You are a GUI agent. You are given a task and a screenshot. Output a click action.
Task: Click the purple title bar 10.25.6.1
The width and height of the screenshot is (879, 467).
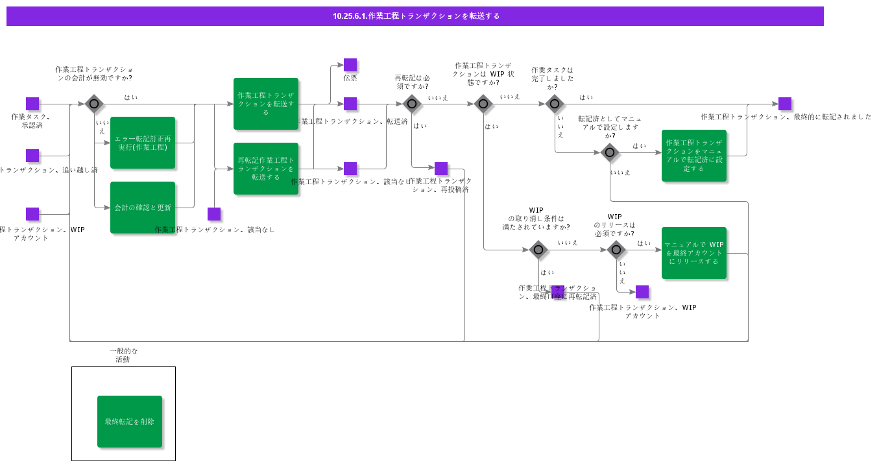(415, 16)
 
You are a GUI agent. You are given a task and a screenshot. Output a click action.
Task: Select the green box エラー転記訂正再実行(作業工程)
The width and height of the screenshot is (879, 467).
(143, 143)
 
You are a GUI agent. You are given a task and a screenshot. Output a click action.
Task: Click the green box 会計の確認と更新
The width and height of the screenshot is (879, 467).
(143, 208)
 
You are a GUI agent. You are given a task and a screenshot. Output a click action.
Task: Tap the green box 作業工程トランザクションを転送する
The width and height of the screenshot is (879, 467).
(266, 104)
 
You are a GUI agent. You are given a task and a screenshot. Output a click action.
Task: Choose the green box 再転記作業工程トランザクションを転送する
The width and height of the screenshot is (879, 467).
(266, 169)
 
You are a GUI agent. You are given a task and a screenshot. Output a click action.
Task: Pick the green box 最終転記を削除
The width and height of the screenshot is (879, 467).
(130, 422)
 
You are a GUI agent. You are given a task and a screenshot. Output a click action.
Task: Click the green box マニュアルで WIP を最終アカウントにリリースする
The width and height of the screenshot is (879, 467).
(694, 253)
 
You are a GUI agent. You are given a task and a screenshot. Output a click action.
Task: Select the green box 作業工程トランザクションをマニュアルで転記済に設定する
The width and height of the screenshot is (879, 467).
(694, 156)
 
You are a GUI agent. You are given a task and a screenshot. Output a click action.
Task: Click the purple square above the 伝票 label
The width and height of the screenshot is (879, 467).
(350, 65)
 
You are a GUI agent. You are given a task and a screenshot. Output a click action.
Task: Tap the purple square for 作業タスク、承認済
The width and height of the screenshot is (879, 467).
(32, 104)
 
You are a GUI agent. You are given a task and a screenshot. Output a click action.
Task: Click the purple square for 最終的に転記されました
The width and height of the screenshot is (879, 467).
(785, 104)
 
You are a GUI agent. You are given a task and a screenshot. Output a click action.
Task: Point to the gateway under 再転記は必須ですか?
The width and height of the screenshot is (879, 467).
(412, 104)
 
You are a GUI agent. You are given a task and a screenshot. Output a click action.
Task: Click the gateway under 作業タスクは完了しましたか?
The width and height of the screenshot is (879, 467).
(555, 104)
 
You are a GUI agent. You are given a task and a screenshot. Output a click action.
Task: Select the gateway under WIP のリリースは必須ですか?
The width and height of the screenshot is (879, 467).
(616, 250)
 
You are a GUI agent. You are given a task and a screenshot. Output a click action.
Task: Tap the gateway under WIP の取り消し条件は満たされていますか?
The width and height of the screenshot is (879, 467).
(538, 250)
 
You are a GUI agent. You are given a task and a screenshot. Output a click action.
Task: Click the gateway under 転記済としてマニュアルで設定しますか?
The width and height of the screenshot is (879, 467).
(610, 152)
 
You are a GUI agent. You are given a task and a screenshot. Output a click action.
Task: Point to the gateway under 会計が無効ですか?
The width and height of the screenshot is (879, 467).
(94, 104)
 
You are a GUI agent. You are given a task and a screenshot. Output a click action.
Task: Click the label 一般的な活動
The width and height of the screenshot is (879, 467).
(123, 355)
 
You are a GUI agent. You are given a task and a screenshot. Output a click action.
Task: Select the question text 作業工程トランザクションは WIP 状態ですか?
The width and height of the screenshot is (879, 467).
(483, 74)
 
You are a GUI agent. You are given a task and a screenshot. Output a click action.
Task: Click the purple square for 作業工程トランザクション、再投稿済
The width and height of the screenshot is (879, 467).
(441, 169)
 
